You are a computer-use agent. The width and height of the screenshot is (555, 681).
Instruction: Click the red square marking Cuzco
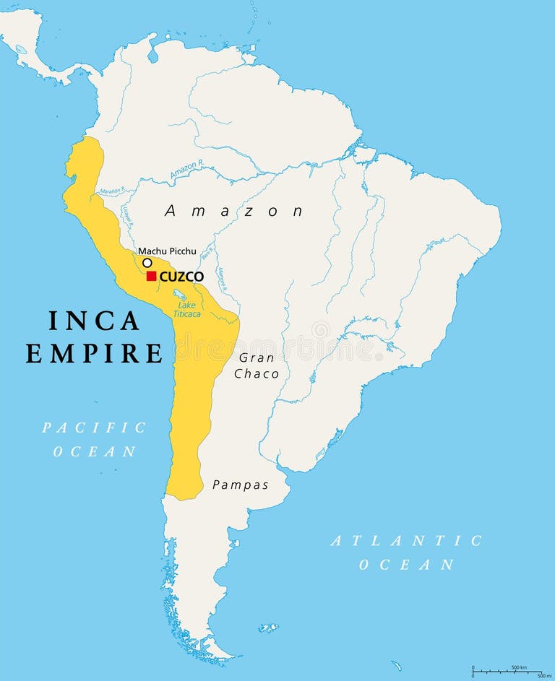tap(152, 276)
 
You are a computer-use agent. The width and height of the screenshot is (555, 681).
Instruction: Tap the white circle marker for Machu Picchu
tap(147, 263)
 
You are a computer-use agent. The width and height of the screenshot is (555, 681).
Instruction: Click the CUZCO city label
tap(181, 276)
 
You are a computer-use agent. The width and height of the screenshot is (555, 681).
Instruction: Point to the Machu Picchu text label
tap(167, 251)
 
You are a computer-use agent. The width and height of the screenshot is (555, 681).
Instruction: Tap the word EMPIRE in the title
tap(94, 354)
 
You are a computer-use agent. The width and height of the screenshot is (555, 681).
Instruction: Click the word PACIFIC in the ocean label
tap(94, 428)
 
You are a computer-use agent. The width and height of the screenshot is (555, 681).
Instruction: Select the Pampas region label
tap(241, 485)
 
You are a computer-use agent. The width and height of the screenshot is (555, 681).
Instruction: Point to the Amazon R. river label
tap(187, 170)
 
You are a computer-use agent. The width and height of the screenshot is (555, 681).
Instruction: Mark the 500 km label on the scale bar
tap(519, 667)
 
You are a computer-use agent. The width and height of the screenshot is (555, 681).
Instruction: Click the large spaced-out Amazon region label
tap(234, 211)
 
